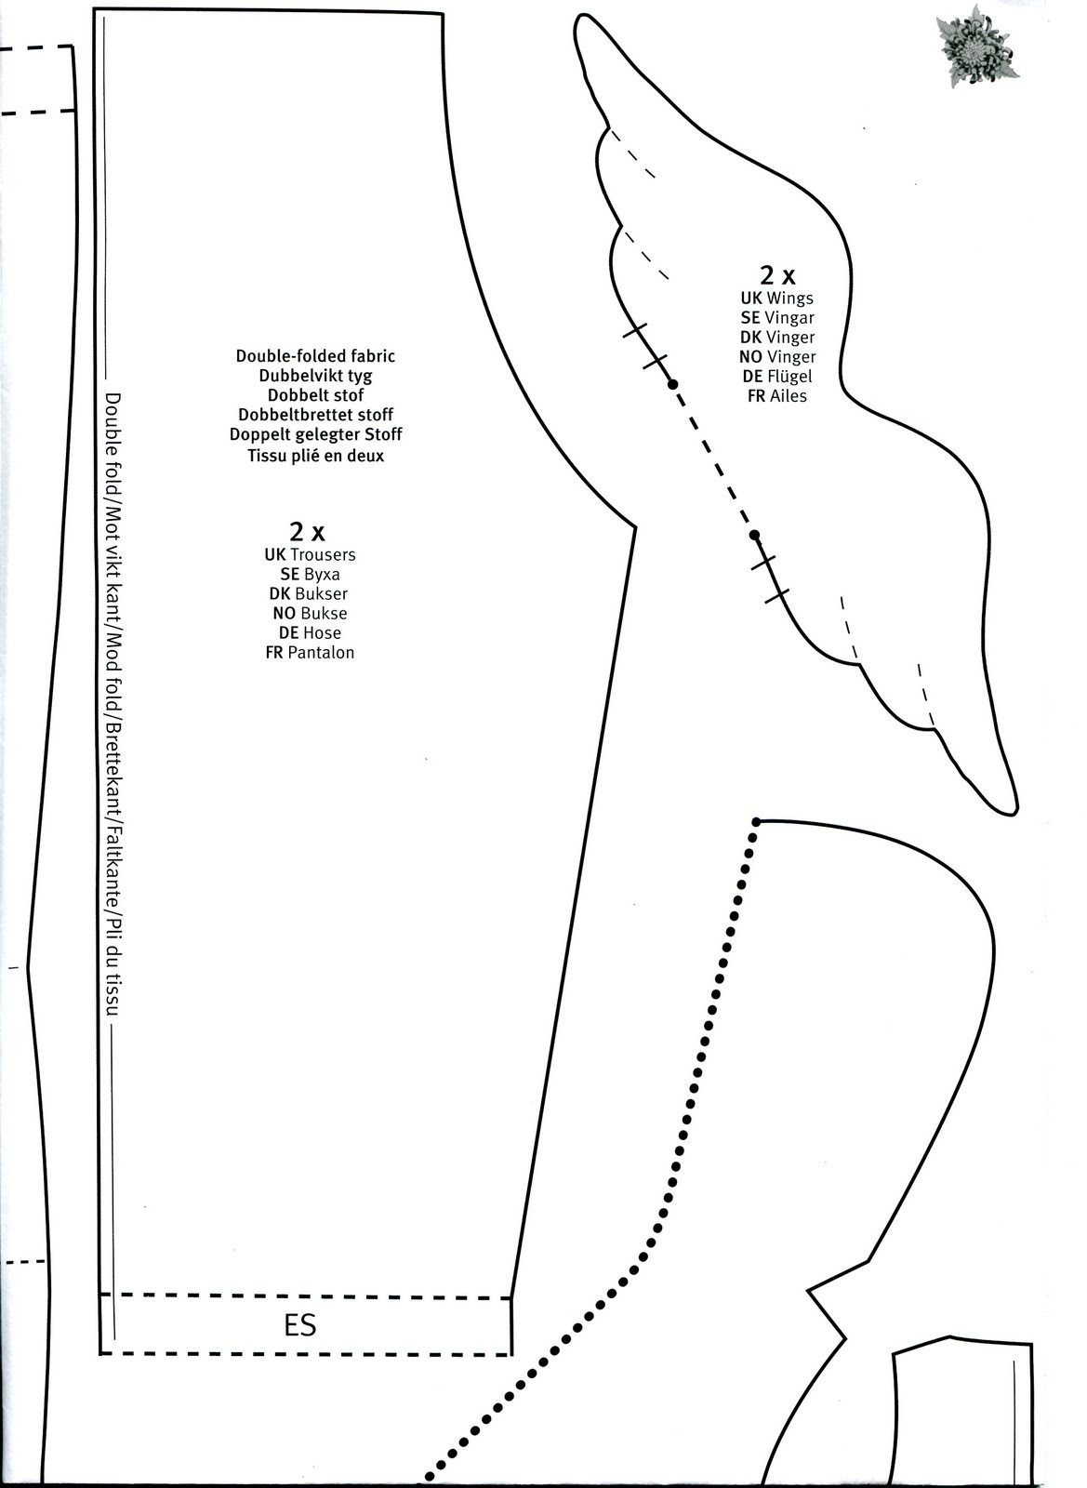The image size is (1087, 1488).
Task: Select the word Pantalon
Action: click(x=321, y=652)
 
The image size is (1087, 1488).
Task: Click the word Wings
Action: click(x=789, y=299)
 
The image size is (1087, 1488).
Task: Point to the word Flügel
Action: click(x=789, y=377)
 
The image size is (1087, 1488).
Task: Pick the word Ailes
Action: click(x=789, y=396)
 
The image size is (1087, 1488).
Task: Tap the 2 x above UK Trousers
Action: click(x=307, y=531)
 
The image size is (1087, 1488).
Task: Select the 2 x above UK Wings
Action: click(x=777, y=275)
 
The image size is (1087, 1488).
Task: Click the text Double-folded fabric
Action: click(x=315, y=356)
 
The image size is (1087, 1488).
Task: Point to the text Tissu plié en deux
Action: click(x=315, y=456)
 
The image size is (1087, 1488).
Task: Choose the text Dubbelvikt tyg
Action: click(x=315, y=376)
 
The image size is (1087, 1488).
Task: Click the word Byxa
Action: click(x=322, y=574)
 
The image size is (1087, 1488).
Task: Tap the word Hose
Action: click(x=322, y=632)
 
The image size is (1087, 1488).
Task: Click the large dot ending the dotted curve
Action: click(x=756, y=823)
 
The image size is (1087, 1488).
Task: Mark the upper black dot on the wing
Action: click(x=672, y=384)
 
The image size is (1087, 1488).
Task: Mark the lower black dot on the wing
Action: click(x=754, y=535)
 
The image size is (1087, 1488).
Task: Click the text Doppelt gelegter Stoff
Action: click(x=315, y=434)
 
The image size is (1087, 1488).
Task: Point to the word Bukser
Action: click(x=322, y=594)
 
